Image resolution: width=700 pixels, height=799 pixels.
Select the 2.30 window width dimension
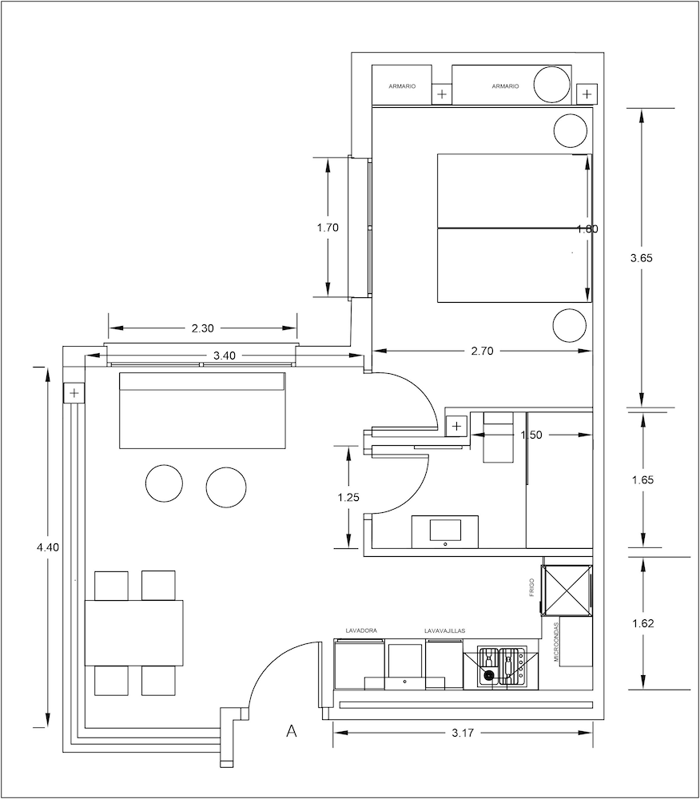pyautogui.click(x=204, y=328)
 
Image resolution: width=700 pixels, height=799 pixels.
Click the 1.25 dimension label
pyautogui.click(x=348, y=497)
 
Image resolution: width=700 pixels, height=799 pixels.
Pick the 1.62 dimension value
pyautogui.click(x=643, y=624)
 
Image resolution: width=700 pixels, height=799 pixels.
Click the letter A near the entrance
pyautogui.click(x=292, y=731)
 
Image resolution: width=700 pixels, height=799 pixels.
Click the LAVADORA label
pyautogui.click(x=360, y=630)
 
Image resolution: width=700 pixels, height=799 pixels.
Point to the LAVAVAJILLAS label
pyautogui.click(x=445, y=630)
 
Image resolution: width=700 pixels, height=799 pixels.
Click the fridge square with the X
pyautogui.click(x=566, y=590)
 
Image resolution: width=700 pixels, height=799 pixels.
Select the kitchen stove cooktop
pyautogui.click(x=501, y=667)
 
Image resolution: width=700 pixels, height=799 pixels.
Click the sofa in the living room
pyautogui.click(x=202, y=410)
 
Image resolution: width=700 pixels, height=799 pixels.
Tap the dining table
pyautogui.click(x=134, y=632)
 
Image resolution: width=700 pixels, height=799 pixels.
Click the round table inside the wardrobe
pyautogui.click(x=552, y=84)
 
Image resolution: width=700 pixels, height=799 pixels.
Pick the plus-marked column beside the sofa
pyautogui.click(x=74, y=393)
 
